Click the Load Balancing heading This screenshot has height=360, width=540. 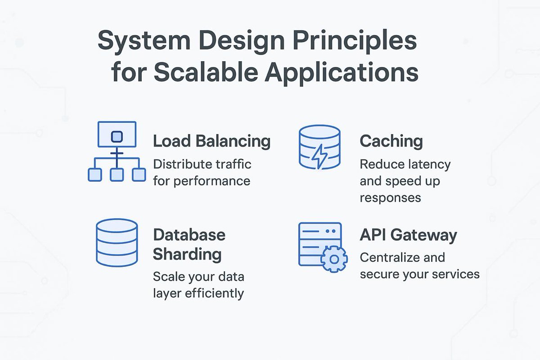point(211,141)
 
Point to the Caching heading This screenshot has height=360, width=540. point(391,141)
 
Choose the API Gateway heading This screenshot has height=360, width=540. point(408,235)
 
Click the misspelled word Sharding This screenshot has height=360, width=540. point(187,254)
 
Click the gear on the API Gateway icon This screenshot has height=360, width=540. point(333,259)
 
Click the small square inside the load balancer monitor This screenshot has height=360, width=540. point(117,135)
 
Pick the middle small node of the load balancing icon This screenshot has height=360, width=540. point(117,175)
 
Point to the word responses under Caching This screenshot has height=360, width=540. point(390,198)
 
